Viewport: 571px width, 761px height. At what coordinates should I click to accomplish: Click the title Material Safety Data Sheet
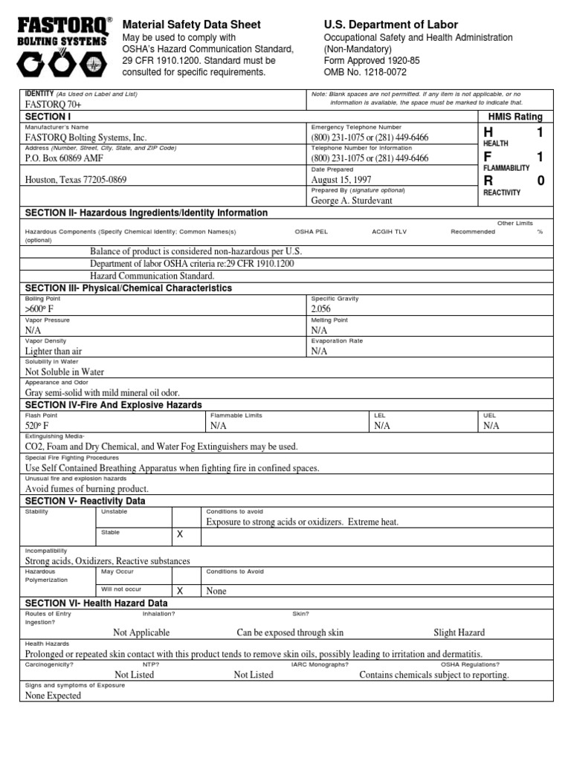(191, 25)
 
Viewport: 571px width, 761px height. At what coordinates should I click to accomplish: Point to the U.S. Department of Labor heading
(391, 25)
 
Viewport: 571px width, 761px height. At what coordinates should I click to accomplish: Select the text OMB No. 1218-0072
(366, 72)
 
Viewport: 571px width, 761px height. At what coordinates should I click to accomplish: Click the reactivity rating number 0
(541, 181)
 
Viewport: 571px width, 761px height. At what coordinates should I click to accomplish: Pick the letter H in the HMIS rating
(488, 132)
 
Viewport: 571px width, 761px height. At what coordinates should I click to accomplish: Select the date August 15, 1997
(342, 179)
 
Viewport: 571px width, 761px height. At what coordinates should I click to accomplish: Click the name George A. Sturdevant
(352, 201)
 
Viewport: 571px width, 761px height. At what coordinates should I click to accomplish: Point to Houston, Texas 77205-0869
(76, 179)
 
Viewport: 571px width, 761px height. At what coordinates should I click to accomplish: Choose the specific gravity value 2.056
(321, 308)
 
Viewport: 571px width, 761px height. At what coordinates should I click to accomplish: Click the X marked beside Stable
(178, 534)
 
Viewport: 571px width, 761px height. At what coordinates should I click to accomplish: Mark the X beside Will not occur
(178, 591)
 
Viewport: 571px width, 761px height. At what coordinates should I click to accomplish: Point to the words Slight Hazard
(459, 632)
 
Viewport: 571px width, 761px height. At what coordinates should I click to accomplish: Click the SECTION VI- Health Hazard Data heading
(96, 603)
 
